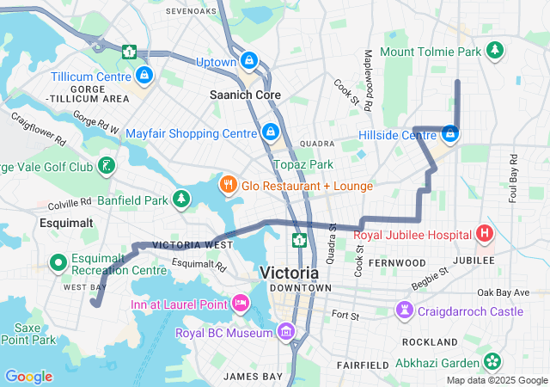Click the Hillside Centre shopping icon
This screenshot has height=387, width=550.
(449, 133)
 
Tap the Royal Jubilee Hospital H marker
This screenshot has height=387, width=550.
(486, 233)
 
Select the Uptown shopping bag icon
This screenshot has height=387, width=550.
(249, 61)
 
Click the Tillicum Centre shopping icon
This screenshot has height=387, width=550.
(144, 77)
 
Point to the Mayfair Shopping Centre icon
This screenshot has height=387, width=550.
(271, 132)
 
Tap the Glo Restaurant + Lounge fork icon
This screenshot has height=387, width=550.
(228, 185)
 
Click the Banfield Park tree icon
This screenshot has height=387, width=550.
(181, 200)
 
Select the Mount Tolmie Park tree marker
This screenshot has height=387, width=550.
(494, 52)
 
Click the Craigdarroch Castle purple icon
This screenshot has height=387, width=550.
(404, 310)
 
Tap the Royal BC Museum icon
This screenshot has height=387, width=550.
(286, 332)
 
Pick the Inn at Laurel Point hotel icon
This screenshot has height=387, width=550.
(240, 303)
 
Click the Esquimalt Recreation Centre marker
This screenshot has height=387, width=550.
(59, 261)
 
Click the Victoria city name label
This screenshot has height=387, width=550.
(289, 273)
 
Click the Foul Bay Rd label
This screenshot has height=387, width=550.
(512, 177)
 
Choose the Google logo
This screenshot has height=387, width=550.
(28, 377)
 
